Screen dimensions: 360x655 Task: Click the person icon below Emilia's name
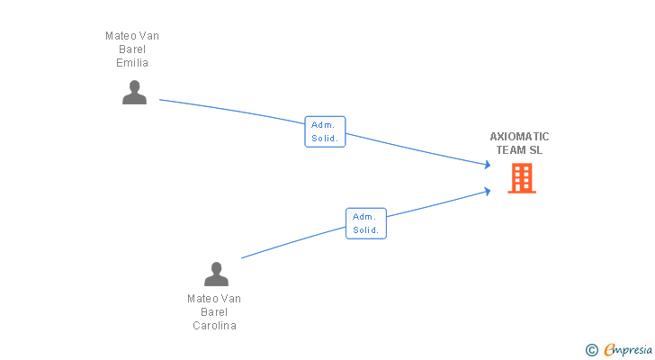(134, 93)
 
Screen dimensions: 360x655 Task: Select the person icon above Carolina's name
(216, 274)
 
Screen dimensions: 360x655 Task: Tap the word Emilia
(132, 63)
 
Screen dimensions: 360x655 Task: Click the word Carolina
(214, 326)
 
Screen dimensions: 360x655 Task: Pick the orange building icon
(521, 178)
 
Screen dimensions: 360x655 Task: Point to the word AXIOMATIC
(519, 137)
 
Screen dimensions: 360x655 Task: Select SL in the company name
(536, 150)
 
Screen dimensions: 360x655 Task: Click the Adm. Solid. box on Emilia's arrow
(325, 131)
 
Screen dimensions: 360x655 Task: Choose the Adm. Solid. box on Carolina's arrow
(365, 223)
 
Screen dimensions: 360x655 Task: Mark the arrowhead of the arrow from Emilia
(487, 165)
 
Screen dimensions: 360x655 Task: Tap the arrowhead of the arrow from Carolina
(487, 191)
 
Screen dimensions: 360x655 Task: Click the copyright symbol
(591, 350)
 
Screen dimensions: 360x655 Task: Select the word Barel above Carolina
(214, 312)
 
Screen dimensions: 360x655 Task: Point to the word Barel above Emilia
(132, 49)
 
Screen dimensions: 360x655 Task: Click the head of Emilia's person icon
(134, 86)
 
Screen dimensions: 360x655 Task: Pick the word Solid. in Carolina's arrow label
(365, 230)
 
